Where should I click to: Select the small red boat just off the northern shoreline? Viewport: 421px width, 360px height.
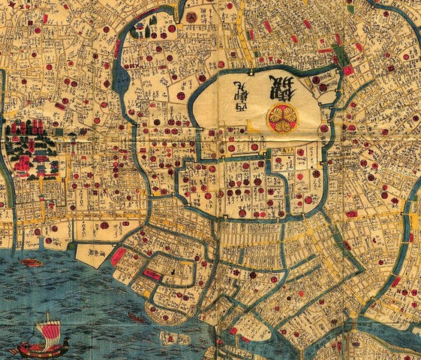(x=32, y=262)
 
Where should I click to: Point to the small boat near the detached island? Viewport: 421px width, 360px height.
(x=136, y=317)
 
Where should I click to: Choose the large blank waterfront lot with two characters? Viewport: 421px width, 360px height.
(x=93, y=255)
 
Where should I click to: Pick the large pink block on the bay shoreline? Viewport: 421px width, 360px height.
(x=119, y=255)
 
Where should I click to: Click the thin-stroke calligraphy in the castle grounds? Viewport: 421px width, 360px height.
(x=243, y=91)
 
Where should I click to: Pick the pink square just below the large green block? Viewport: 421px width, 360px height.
(x=347, y=70)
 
